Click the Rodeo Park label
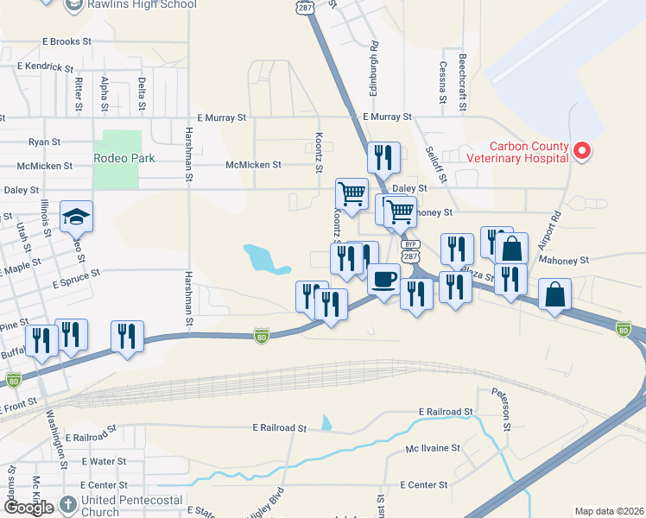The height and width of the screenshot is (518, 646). point(124,158)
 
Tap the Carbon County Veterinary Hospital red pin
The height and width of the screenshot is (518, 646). point(582,152)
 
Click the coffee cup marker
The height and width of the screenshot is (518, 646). point(383,280)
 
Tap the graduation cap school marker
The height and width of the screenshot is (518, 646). point(76,218)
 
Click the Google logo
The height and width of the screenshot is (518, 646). point(28,507)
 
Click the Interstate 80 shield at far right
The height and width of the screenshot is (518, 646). point(624,329)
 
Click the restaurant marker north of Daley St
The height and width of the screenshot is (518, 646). point(383,158)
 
